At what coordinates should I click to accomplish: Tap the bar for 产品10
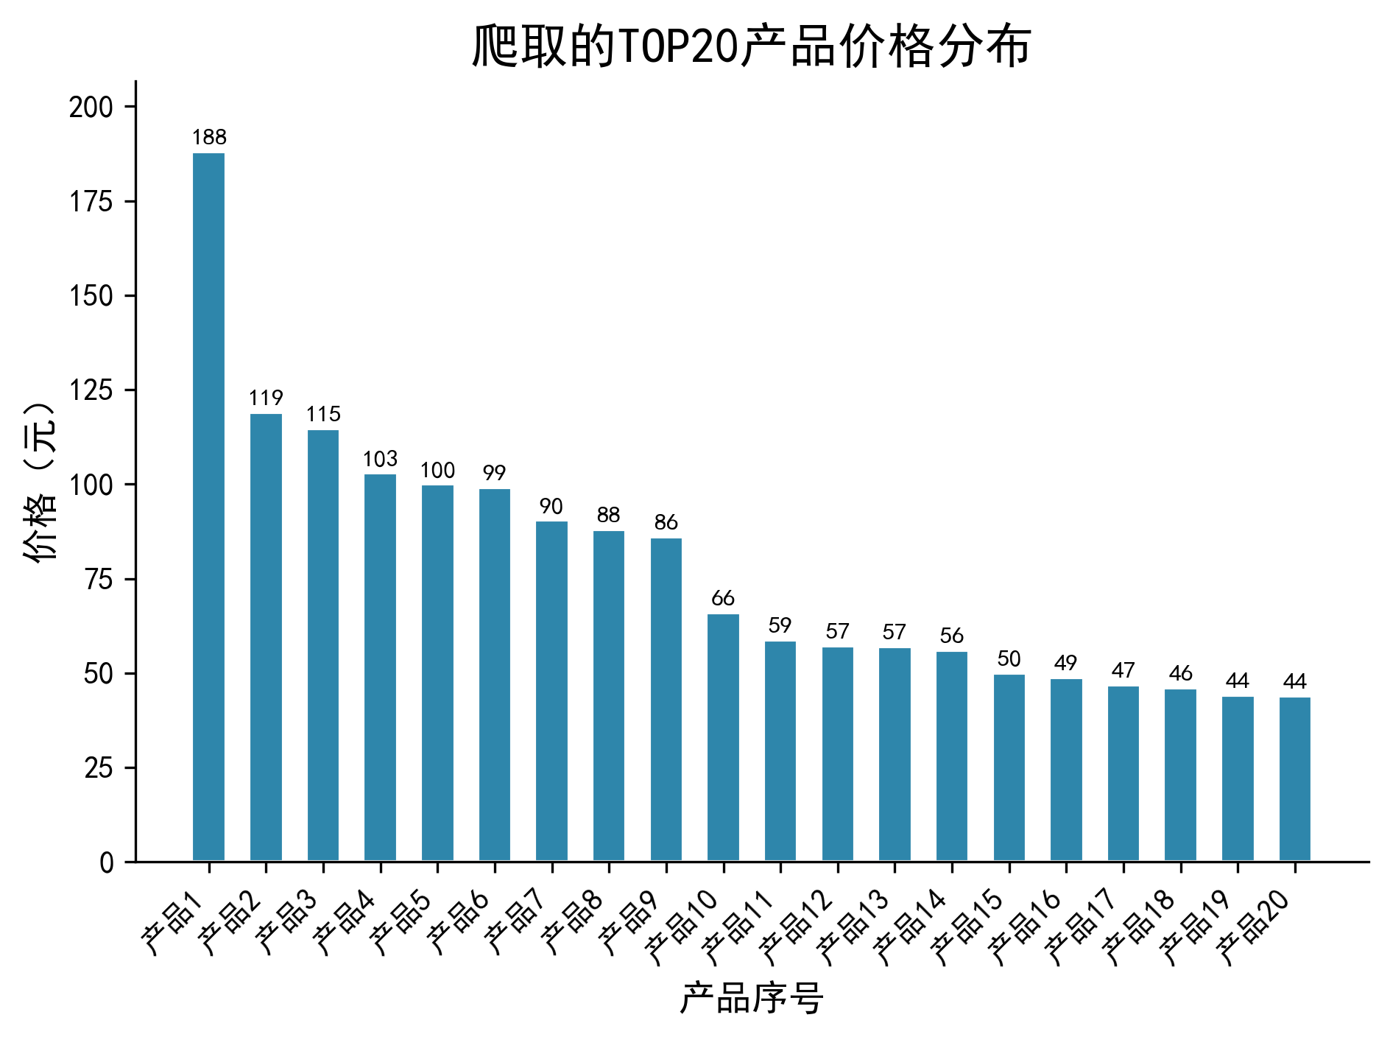(x=723, y=737)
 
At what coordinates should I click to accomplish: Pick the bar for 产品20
(x=1295, y=778)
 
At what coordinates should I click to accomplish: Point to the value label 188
(x=209, y=138)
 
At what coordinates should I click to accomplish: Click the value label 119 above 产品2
(x=266, y=398)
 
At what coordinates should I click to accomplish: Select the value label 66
(x=723, y=598)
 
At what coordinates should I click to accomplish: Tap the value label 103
(x=380, y=460)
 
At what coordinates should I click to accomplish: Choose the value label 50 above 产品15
(x=1009, y=658)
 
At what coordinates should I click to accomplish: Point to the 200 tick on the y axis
(x=91, y=108)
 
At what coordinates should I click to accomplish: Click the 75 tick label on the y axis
(x=99, y=580)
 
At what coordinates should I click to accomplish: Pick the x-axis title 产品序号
(x=751, y=999)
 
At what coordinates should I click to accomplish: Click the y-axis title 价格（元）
(x=40, y=483)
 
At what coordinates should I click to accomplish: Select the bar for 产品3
(x=323, y=645)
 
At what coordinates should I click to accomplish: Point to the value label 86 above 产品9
(x=666, y=523)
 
